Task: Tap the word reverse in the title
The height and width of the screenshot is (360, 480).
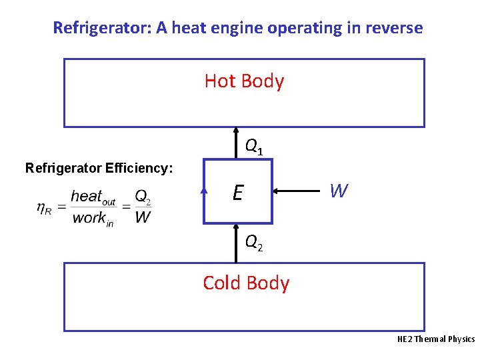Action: [x=395, y=28]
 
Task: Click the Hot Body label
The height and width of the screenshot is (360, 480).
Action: [x=244, y=81]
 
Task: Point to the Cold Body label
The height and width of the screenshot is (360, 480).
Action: [x=246, y=283]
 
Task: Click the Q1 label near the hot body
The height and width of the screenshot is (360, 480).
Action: [x=253, y=145]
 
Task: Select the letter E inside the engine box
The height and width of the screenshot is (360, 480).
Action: [x=237, y=193]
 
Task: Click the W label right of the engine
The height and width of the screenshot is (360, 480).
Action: [x=339, y=192]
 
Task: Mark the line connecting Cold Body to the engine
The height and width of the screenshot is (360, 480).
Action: [x=237, y=243]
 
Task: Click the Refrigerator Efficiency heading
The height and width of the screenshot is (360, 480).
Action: [x=99, y=168]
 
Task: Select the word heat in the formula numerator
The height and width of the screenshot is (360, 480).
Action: [x=86, y=196]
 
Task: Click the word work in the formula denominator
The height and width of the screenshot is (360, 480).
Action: [x=88, y=217]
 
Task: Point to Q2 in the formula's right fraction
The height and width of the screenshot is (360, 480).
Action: [x=143, y=197]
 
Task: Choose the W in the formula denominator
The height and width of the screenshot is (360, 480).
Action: [x=142, y=217]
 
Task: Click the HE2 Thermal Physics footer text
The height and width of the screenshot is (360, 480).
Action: [x=436, y=339]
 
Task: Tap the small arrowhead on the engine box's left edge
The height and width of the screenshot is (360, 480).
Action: [x=204, y=191]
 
